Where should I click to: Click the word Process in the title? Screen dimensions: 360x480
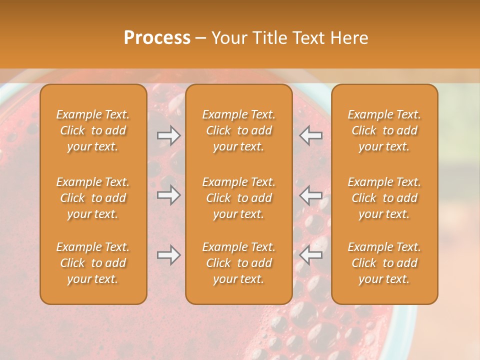pyautogui.click(x=157, y=38)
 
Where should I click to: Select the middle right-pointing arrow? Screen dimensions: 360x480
pyautogui.click(x=168, y=195)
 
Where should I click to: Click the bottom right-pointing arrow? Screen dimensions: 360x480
pyautogui.click(x=168, y=255)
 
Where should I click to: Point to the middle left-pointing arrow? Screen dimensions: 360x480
pyautogui.click(x=311, y=195)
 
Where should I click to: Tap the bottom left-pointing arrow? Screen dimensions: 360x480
pyautogui.click(x=311, y=255)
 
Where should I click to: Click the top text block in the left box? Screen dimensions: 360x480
pyautogui.click(x=93, y=130)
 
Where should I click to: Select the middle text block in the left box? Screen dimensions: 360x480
pyautogui.click(x=93, y=198)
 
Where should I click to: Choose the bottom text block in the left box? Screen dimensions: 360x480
pyautogui.click(x=93, y=263)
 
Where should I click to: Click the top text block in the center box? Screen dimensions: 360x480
pyautogui.click(x=238, y=130)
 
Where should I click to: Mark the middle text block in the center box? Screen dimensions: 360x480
pyautogui.click(x=238, y=198)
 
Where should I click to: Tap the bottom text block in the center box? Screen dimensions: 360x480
pyautogui.click(x=238, y=263)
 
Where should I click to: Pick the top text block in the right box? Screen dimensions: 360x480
pyautogui.click(x=384, y=130)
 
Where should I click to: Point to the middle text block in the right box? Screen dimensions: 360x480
pyautogui.click(x=384, y=198)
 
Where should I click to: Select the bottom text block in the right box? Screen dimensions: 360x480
pyautogui.click(x=384, y=263)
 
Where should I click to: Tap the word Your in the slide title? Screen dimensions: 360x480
pyautogui.click(x=228, y=38)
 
